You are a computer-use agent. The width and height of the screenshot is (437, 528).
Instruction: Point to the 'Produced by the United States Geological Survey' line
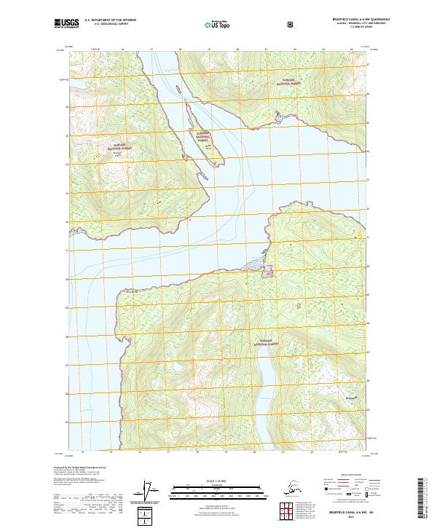tap(76, 466)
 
